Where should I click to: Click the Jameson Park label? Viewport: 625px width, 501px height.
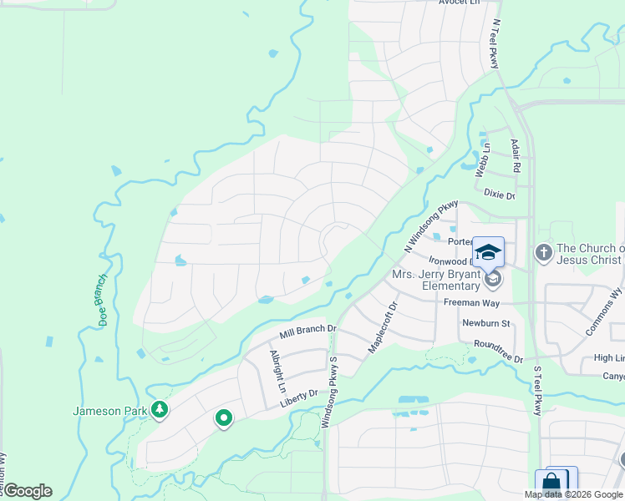(110, 410)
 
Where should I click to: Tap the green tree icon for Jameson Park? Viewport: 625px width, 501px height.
(159, 410)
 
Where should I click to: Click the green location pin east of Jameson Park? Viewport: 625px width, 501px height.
(223, 417)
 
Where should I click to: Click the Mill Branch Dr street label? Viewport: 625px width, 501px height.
(307, 331)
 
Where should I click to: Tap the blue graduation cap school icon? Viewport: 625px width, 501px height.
(488, 251)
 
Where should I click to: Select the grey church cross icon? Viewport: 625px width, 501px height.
(544, 253)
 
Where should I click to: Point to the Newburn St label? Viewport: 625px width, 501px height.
(485, 322)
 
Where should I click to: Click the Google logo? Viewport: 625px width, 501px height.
(27, 491)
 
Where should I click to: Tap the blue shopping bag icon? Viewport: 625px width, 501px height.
(551, 483)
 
